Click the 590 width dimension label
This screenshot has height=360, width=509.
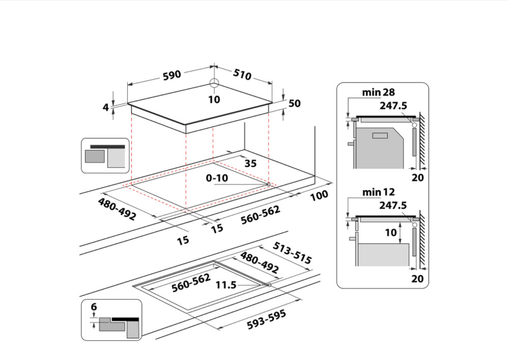click(172, 75)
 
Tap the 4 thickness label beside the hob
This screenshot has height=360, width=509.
click(106, 107)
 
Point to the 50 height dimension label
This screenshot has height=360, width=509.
click(295, 103)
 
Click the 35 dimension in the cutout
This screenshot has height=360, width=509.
click(250, 164)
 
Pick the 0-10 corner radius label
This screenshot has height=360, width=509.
click(217, 178)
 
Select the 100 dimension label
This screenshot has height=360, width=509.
click(319, 195)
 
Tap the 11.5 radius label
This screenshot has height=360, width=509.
click(226, 285)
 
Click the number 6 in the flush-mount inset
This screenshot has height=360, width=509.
click(94, 307)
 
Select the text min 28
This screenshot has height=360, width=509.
click(378, 92)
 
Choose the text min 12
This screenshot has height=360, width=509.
click(378, 192)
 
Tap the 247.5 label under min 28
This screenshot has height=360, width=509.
click(393, 106)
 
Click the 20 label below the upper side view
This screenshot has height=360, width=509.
click(418, 178)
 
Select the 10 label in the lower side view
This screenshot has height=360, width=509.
click(391, 232)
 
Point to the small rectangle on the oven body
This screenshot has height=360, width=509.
click(380, 135)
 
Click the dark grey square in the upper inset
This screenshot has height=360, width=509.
click(94, 156)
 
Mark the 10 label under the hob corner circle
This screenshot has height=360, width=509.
click(214, 100)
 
